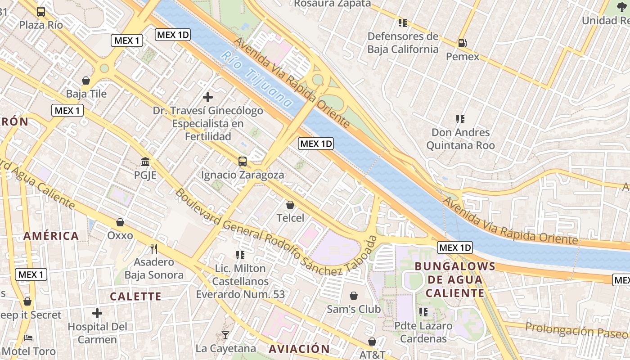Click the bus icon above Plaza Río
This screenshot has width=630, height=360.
coord(41,12)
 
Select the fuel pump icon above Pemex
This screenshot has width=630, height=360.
coord(462,43)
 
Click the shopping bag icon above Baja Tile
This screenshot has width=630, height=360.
coord(86,81)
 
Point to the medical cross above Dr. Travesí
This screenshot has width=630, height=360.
coord(208,97)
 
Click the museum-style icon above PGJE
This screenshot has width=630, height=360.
coord(145,162)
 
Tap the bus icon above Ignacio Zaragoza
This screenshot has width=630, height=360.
coord(243,162)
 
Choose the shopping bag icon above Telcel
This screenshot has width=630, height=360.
coord(290,205)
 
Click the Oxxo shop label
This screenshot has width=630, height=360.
coord(120,235)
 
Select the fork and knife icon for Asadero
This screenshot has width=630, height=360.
coord(154,248)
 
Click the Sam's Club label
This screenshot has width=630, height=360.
coord(354,309)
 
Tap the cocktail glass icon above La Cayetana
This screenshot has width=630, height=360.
coord(225,335)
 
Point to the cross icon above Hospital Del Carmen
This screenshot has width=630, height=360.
coord(97,313)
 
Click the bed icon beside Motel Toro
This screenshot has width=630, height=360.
coord(28,337)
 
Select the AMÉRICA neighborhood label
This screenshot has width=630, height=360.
coord(51,236)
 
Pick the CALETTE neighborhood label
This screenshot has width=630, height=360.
coord(135,296)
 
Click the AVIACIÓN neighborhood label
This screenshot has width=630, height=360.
coord(299,349)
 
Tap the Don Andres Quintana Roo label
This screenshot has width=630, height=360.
coord(460,139)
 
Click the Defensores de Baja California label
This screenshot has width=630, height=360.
coord(403,43)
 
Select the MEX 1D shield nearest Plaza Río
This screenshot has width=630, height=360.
coord(173,35)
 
